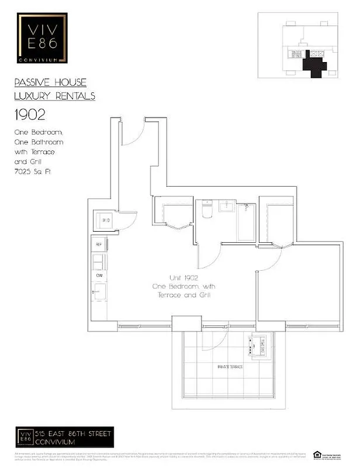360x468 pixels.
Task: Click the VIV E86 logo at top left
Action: [x=41, y=39]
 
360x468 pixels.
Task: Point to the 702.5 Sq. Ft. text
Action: [x=34, y=171]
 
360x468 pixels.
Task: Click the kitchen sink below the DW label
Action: [x=99, y=290]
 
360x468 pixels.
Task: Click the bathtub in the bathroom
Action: [x=246, y=222]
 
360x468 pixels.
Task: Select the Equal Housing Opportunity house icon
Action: [x=317, y=454]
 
